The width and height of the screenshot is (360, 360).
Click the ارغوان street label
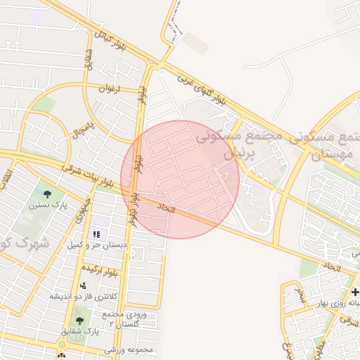[x=110, y=89]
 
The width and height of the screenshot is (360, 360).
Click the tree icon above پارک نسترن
[x=48, y=193]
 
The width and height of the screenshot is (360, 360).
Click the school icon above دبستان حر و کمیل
[x=97, y=233]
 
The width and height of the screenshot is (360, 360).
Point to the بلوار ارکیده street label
[x=103, y=268]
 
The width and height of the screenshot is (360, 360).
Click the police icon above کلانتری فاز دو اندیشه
[x=84, y=286]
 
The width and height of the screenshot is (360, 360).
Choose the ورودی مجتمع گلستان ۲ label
[x=121, y=319]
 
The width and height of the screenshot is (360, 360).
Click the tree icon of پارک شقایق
[x=78, y=319]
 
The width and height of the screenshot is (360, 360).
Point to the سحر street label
[x=300, y=292]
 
